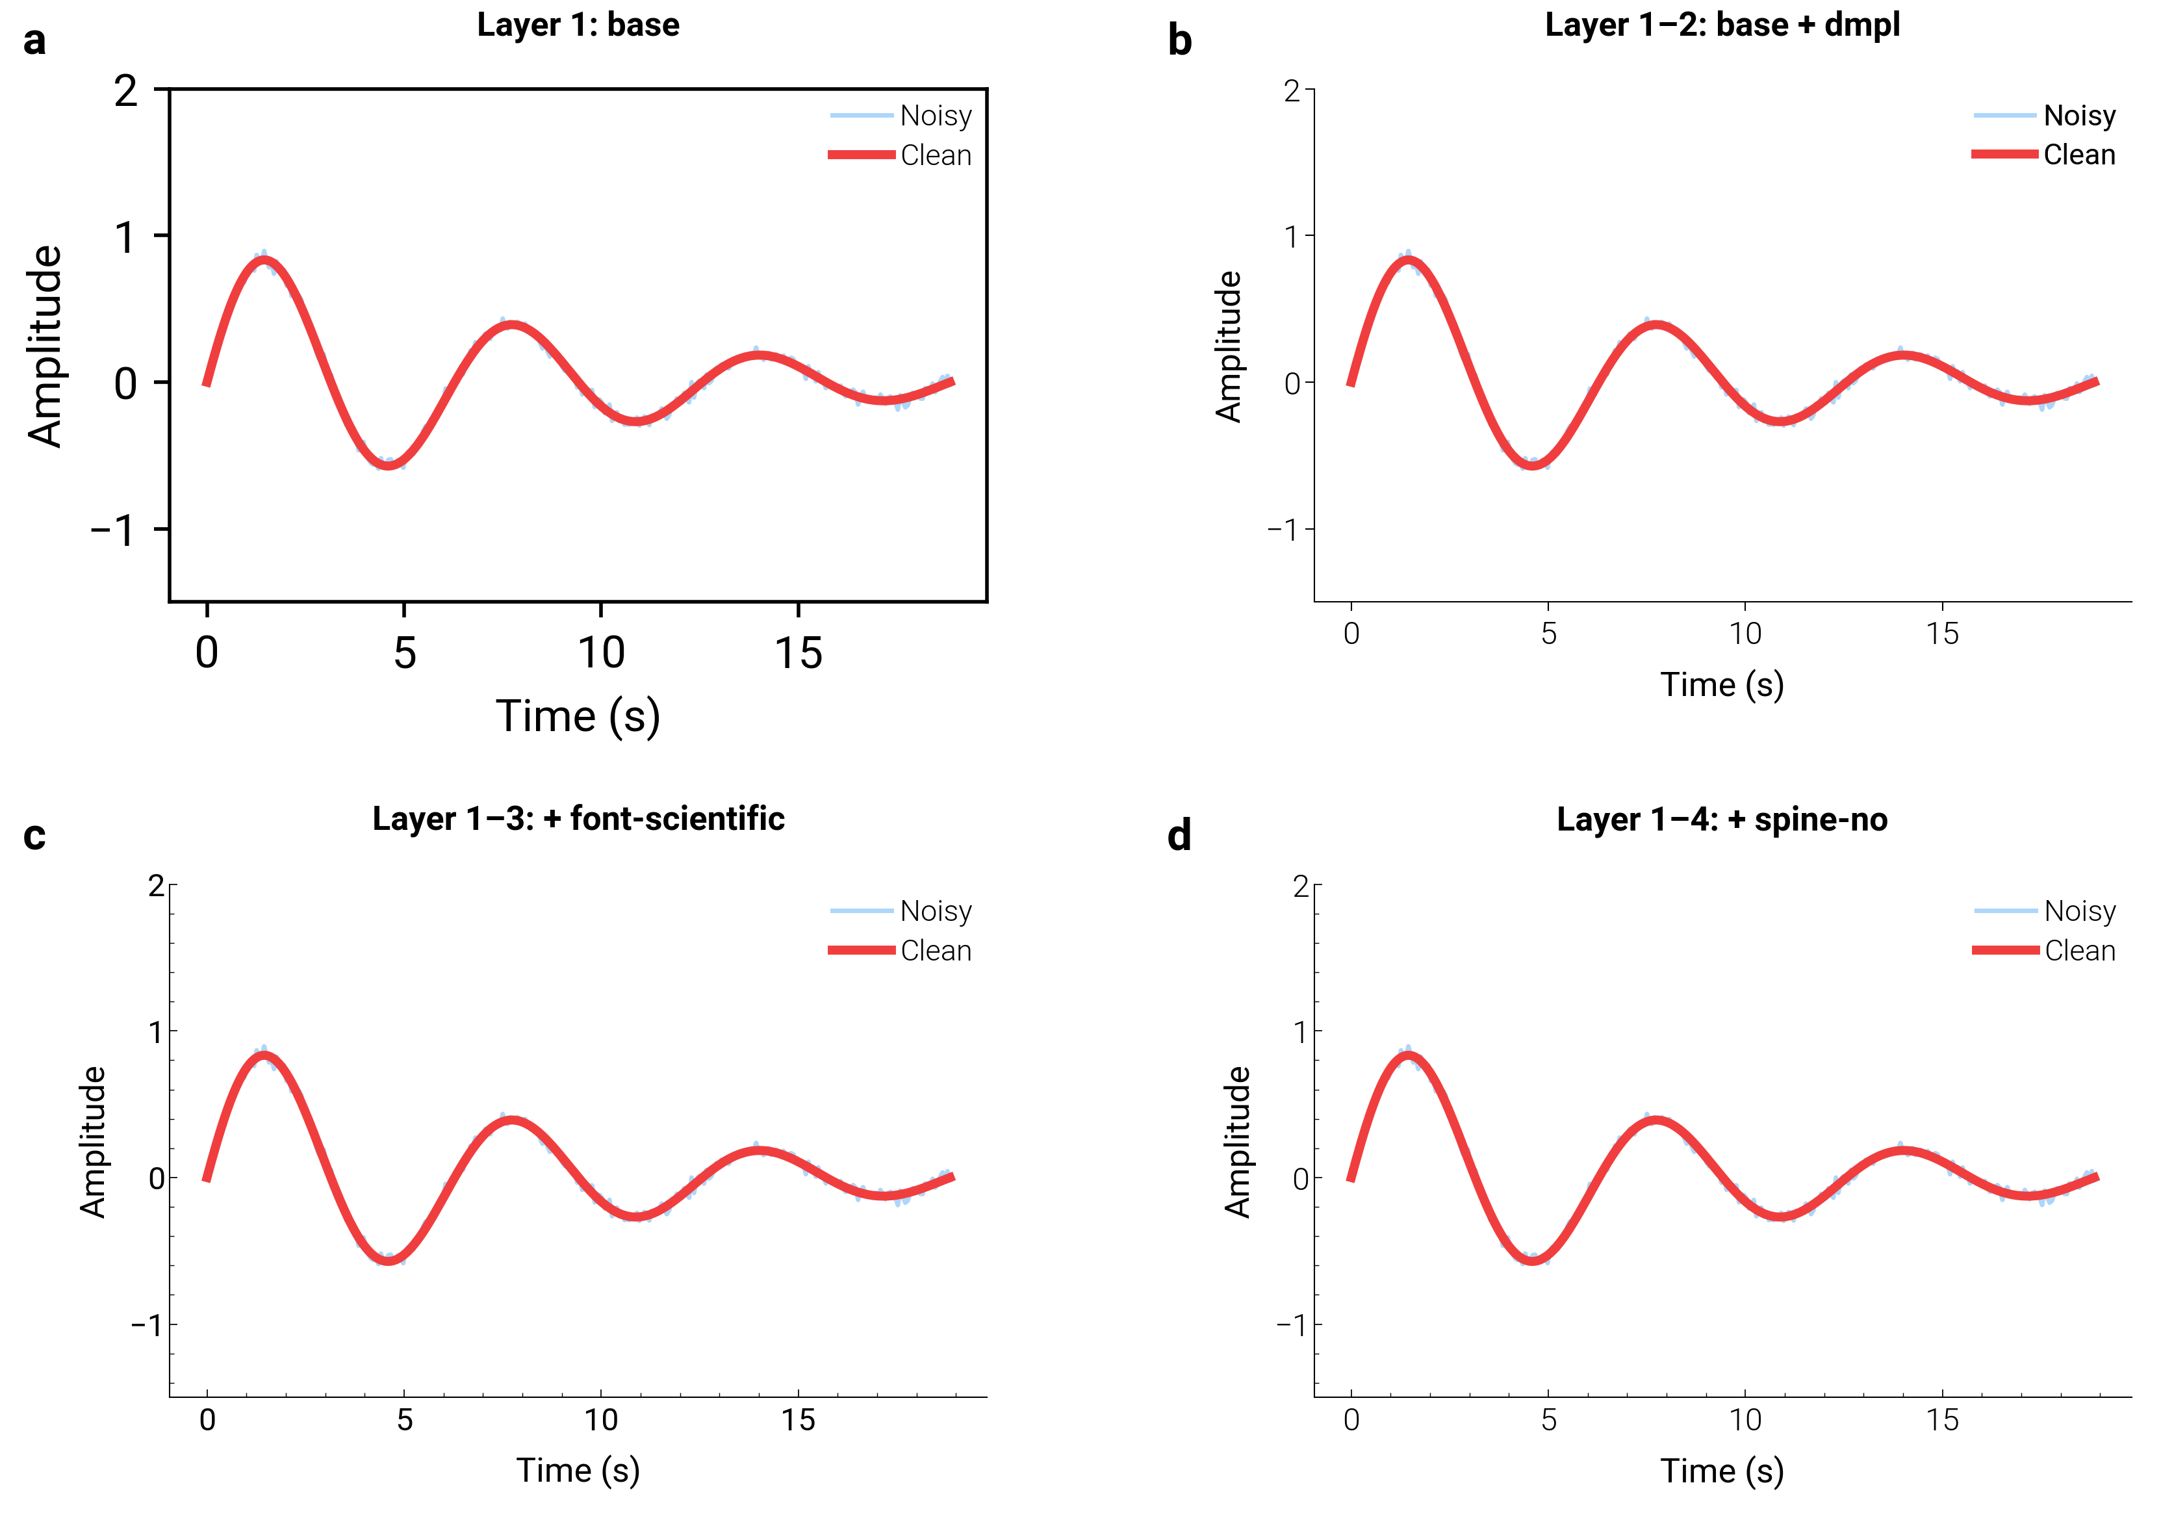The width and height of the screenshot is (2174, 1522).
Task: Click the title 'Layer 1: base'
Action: coord(578,25)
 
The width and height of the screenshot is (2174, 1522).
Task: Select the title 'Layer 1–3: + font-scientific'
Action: coord(578,818)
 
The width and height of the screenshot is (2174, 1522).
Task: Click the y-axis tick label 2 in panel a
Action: coord(126,92)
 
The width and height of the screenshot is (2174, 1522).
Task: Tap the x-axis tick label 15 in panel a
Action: coord(799,654)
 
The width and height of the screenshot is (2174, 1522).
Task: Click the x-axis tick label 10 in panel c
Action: coord(601,1420)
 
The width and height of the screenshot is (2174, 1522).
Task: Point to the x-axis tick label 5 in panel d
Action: coord(1548,1420)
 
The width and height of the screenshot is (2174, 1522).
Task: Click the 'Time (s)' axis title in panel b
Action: coord(1721,685)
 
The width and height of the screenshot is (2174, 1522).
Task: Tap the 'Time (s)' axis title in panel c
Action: coord(578,1470)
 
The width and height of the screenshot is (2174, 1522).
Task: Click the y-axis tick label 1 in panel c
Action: coord(156,1031)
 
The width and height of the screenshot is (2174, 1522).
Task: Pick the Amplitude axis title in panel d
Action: coord(1236,1141)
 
